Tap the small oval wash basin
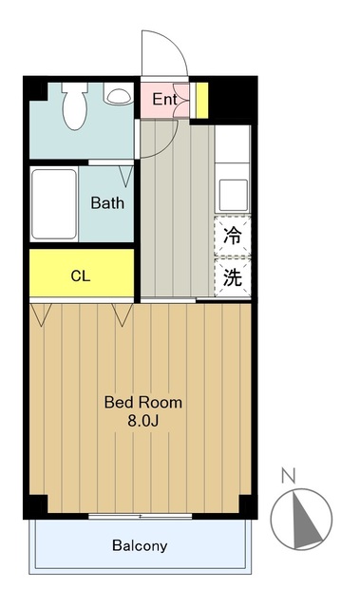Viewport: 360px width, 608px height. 118,96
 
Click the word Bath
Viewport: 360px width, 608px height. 107,202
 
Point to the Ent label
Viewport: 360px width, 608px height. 164,99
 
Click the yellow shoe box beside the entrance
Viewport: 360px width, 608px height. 202,99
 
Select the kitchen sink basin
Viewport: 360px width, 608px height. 233,194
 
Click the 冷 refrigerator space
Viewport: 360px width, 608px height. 233,237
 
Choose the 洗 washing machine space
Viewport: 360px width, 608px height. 233,278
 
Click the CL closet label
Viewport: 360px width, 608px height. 81,276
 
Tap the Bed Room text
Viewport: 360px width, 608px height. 142,402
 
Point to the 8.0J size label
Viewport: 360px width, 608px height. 142,420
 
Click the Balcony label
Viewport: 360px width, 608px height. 140,546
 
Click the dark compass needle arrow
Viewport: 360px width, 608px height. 306,519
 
